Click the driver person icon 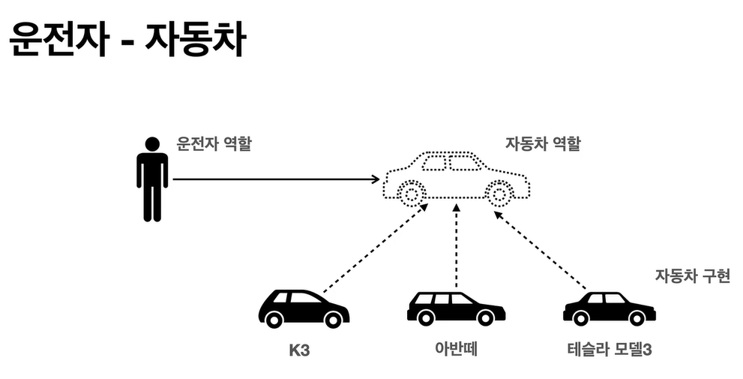152,180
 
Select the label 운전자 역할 214,143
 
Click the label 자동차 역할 543,143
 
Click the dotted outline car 456,178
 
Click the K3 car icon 303,308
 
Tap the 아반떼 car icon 455,308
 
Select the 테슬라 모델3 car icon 609,308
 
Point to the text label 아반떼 456,349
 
